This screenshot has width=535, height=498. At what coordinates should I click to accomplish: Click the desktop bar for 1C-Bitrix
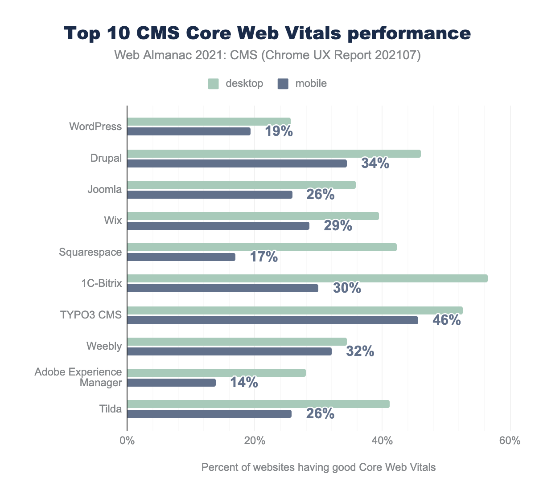click(307, 278)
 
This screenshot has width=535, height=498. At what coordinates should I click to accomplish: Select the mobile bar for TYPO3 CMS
click(272, 320)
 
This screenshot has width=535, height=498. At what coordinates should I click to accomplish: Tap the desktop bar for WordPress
click(209, 122)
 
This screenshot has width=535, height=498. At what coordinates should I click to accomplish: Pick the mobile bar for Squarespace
click(181, 257)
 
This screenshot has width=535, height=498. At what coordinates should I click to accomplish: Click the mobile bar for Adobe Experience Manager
click(171, 383)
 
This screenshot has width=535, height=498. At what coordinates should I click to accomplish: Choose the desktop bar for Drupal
click(274, 154)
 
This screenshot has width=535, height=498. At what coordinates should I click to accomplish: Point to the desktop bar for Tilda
click(258, 404)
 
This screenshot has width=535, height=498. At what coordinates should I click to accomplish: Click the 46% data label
click(446, 320)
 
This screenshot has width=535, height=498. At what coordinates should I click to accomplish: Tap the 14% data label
click(244, 382)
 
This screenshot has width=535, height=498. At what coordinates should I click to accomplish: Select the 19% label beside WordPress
click(279, 131)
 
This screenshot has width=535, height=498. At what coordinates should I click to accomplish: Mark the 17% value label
click(263, 257)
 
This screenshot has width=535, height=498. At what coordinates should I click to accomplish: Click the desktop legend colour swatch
click(214, 84)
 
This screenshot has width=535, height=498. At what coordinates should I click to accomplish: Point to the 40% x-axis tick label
click(382, 441)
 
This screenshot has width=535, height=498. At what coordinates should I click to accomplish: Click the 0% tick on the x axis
click(128, 441)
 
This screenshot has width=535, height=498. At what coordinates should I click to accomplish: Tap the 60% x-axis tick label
click(510, 441)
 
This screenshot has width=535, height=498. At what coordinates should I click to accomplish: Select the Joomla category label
click(105, 189)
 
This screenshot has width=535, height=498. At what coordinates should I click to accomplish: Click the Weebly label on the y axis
click(105, 346)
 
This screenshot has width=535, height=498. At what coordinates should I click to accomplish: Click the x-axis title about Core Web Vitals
click(318, 468)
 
